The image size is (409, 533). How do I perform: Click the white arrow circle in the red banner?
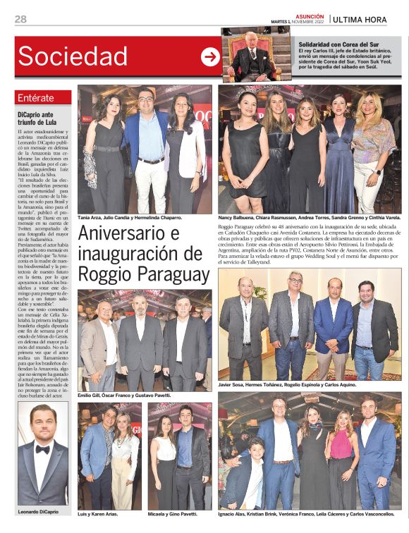(210, 57)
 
